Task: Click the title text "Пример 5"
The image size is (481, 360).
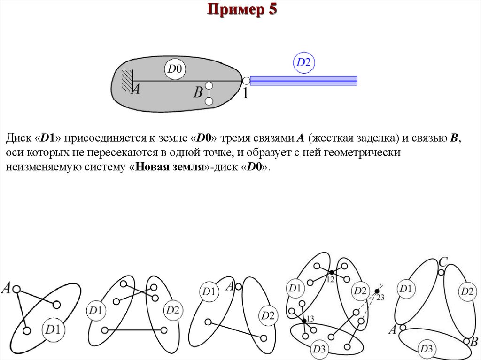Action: coord(242,10)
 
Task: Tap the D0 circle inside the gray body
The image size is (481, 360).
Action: coord(175,70)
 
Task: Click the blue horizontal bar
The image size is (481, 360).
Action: coord(303,80)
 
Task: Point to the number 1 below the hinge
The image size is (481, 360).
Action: coord(245,93)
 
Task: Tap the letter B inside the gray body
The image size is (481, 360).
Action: coord(198,92)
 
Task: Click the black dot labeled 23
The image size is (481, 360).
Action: coord(377,291)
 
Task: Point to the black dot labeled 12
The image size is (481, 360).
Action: coord(331,272)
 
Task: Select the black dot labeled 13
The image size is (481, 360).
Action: coord(304,321)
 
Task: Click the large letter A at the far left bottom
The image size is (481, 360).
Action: coord(7,288)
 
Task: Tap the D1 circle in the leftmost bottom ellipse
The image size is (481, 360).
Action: coord(52,329)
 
